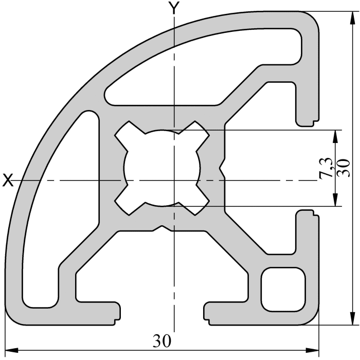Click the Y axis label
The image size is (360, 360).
[175, 7]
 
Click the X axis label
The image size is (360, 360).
[7, 180]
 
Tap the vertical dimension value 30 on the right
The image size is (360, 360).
[346, 168]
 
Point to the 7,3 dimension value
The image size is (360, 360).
[325, 168]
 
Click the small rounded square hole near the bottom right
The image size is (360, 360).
[284, 289]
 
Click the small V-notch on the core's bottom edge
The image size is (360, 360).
[161, 227]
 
